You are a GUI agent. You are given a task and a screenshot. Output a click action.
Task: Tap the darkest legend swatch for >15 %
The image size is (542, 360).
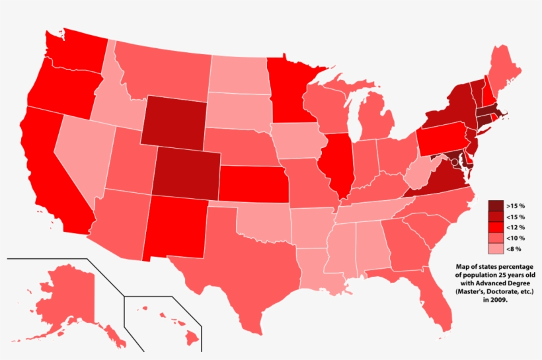496,206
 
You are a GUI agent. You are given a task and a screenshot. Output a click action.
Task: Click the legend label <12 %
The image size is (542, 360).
516,228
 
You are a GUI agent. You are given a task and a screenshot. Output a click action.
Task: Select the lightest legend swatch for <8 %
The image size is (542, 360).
496,249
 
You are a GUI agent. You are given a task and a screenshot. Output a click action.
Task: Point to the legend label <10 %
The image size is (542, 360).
516,238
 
